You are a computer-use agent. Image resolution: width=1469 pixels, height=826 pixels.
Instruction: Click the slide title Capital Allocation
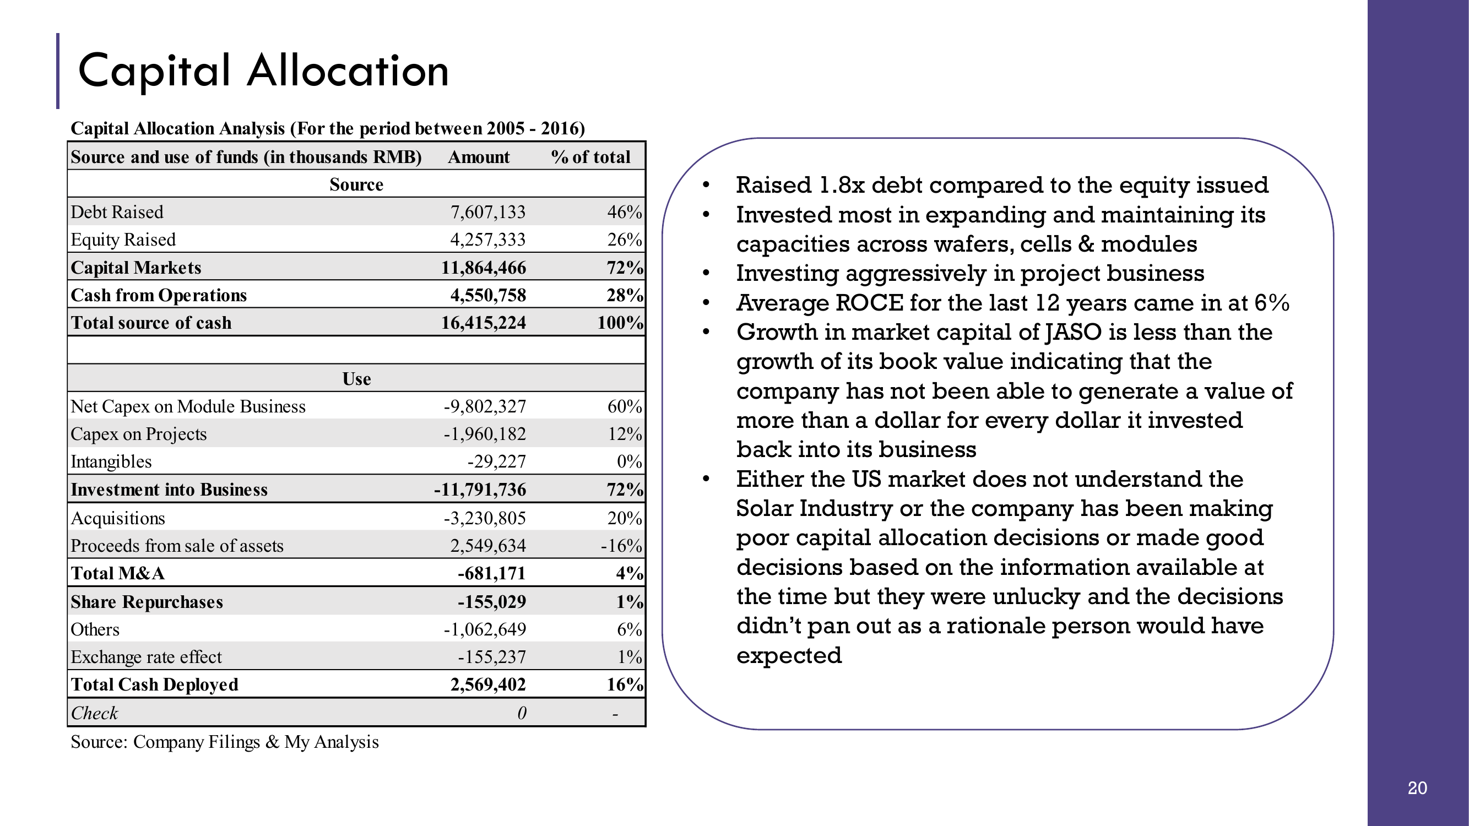point(263,70)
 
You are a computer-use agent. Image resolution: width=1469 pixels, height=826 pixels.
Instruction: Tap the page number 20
point(1417,788)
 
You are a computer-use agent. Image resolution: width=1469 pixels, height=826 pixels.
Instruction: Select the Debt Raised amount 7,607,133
point(487,212)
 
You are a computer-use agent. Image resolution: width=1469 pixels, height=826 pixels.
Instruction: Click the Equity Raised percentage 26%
point(625,240)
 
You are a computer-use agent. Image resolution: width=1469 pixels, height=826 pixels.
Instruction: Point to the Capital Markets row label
point(135,268)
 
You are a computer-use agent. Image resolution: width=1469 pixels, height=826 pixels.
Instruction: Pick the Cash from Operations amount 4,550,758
point(487,295)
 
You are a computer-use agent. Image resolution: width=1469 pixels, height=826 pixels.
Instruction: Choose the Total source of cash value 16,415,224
point(484,323)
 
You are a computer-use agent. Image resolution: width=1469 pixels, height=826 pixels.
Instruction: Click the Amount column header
point(479,157)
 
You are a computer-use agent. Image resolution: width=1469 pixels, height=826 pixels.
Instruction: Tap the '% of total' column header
point(590,157)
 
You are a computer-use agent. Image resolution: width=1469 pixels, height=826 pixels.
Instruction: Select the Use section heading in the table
point(356,378)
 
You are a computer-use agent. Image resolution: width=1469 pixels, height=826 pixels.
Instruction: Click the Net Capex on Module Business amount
point(485,406)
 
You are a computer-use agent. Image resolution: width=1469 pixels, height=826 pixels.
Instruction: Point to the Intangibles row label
point(111,461)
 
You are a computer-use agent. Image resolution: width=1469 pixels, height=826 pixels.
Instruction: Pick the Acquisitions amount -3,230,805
point(485,518)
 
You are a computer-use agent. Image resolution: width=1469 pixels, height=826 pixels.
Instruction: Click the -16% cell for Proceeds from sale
point(621,546)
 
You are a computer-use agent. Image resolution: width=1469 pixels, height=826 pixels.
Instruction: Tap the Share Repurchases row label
point(147,602)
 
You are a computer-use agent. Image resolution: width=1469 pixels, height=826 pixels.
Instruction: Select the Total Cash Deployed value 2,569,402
point(487,684)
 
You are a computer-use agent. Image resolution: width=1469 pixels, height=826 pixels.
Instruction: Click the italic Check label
point(94,713)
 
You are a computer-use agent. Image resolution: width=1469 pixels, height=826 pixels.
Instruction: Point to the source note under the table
point(225,742)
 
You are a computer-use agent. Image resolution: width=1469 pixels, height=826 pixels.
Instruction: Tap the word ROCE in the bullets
point(869,303)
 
